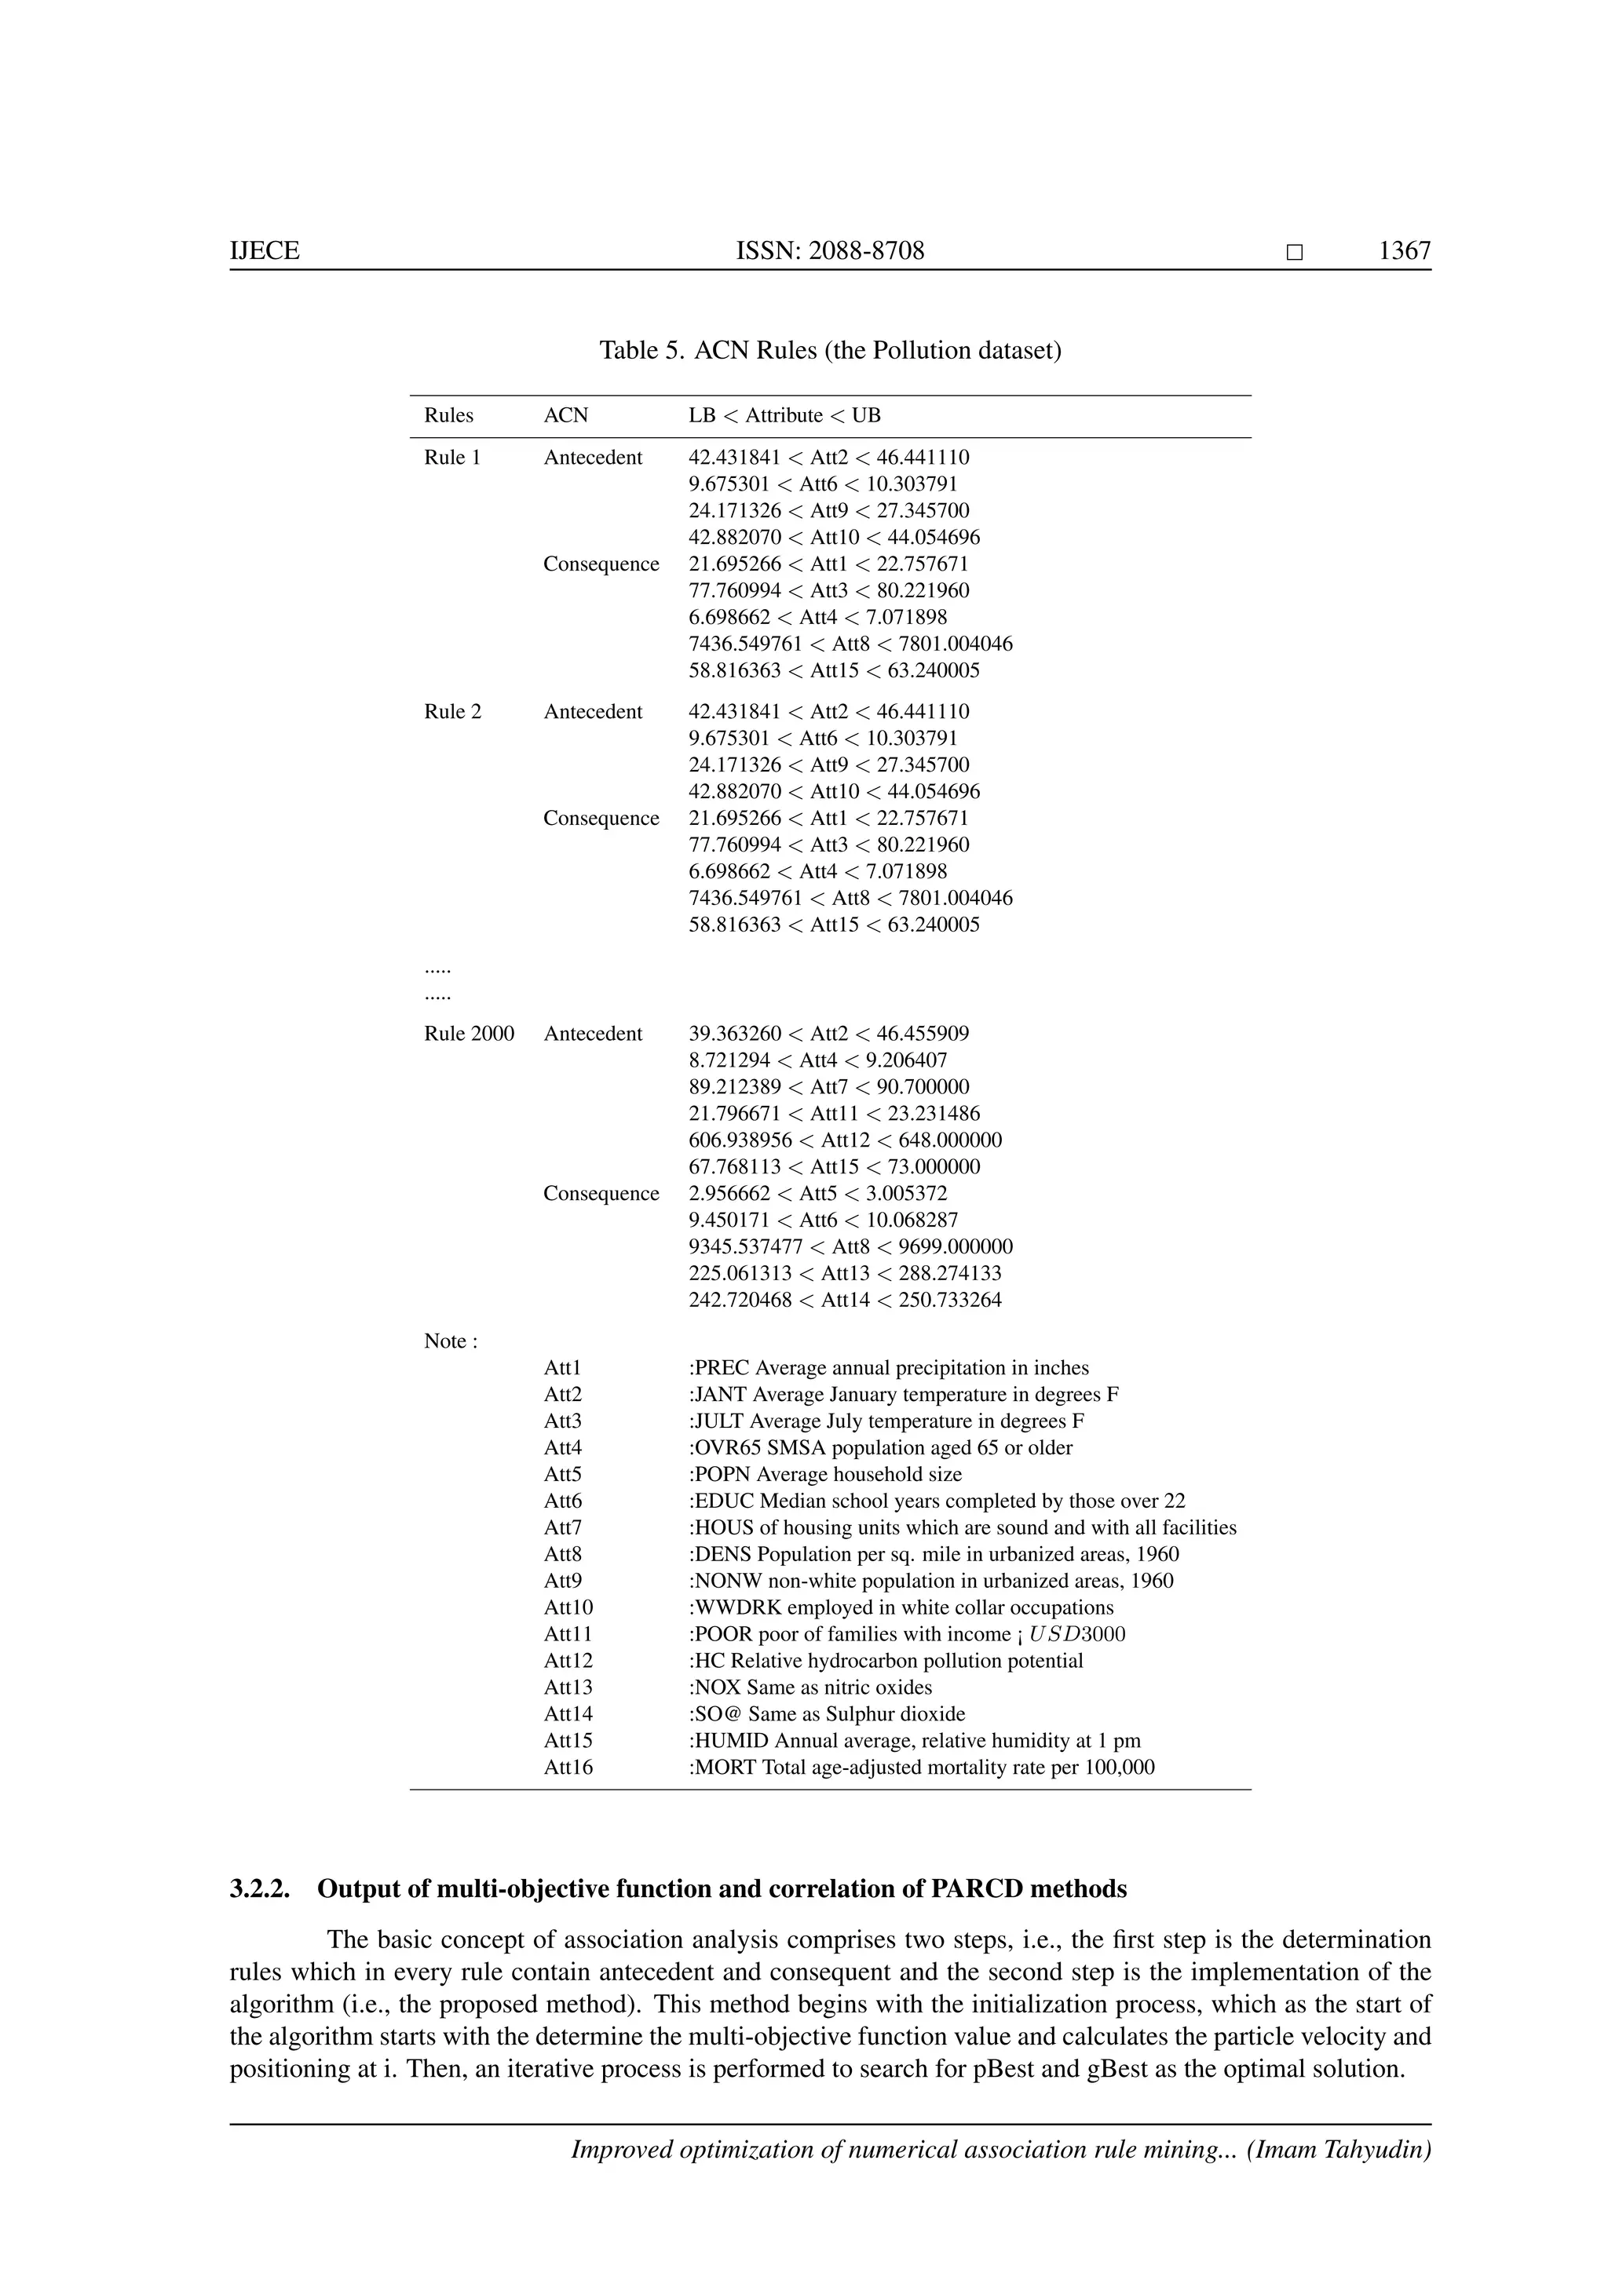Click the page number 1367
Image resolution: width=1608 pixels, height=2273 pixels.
[x=1404, y=250]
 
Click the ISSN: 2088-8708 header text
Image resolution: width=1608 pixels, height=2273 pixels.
[x=830, y=250]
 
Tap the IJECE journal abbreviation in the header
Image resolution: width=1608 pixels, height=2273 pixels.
[x=265, y=250]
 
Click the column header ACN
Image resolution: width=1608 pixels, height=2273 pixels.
[x=565, y=416]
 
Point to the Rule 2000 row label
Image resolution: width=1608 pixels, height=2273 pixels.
[x=470, y=1034]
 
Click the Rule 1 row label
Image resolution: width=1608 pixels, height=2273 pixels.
[x=452, y=458]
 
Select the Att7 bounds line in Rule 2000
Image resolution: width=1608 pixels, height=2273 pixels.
[x=829, y=1087]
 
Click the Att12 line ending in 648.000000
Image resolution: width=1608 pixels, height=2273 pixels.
[x=845, y=1140]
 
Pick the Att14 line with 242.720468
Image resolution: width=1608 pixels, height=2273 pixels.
[x=845, y=1300]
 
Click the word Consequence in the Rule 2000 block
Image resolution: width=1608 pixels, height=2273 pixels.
[x=601, y=1193]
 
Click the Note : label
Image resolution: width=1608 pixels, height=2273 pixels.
[x=451, y=1341]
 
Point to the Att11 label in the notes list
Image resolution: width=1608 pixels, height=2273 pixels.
[x=568, y=1634]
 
